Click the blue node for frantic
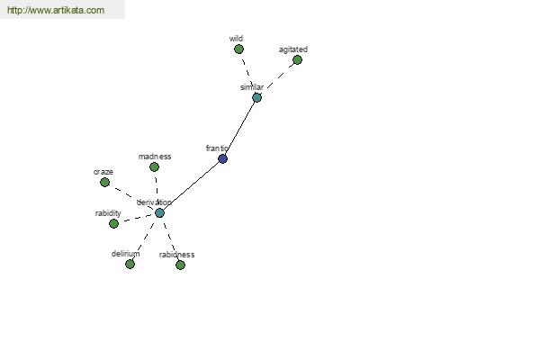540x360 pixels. coord(223,158)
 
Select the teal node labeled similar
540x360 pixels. coord(256,97)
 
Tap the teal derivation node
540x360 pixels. coord(159,212)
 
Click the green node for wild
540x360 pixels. coord(238,49)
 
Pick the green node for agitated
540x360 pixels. coord(297,60)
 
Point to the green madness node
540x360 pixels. coord(154,167)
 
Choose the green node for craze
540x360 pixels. coord(104,182)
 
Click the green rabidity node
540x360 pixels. coord(113,223)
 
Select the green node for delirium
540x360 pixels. coord(130,265)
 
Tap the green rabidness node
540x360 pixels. coord(180,265)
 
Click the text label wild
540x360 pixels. coord(236,38)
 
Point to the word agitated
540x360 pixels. coord(293,49)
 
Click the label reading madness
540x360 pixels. coord(155,157)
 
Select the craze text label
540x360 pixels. coord(103,172)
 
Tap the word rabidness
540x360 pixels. coord(176,255)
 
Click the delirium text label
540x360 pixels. coord(126,254)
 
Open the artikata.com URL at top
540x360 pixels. coord(56,10)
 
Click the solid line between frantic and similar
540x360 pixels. coord(239,128)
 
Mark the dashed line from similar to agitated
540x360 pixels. coord(280,76)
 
